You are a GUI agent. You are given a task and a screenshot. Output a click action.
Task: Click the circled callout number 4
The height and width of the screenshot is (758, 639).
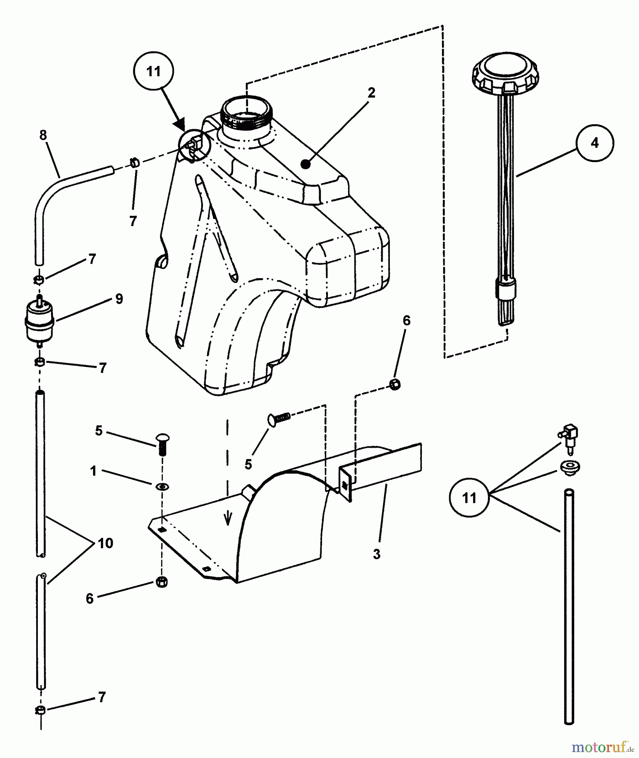pos(594,143)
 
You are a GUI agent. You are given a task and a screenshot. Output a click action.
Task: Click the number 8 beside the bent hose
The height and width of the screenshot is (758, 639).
pos(43,135)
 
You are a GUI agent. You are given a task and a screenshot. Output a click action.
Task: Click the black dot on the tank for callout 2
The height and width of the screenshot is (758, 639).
pos(306,165)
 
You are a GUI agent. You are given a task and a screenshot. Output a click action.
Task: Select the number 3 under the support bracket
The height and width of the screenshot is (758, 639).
pos(376,554)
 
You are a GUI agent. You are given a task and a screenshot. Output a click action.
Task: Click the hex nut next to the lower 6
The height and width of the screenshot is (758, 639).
pos(162,582)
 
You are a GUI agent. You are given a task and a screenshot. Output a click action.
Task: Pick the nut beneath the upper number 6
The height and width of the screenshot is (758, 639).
pos(395,384)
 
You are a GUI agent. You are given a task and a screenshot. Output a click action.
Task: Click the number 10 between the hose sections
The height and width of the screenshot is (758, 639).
pos(105,543)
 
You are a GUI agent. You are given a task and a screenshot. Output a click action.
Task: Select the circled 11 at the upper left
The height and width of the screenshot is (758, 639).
pos(154,72)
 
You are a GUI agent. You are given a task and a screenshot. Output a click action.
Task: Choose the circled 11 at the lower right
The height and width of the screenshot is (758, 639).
pos(469,498)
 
